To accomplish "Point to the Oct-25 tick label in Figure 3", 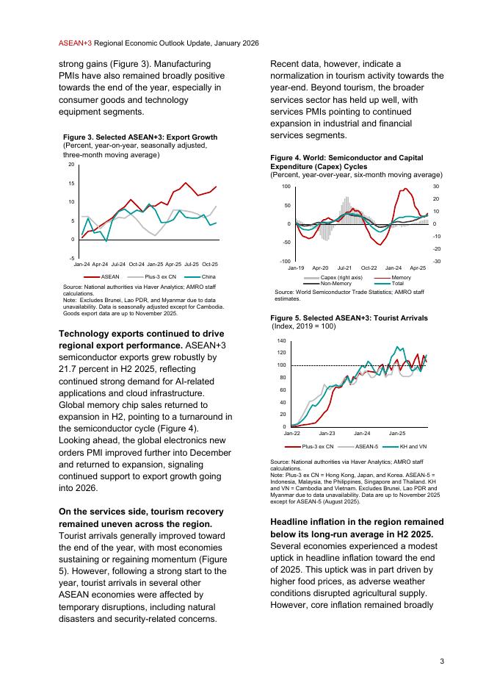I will [210, 263].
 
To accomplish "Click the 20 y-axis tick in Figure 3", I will [71, 165].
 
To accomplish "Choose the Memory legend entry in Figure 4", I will [401, 277].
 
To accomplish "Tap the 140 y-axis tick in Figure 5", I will [282, 342].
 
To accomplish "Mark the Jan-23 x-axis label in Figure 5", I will [327, 434].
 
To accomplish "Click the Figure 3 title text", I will [140, 137].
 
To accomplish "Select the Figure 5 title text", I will [349, 318].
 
